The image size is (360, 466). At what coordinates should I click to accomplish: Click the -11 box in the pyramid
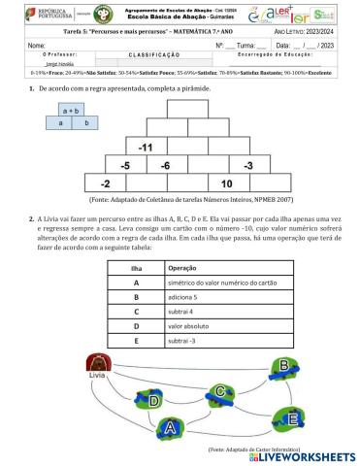[147, 147]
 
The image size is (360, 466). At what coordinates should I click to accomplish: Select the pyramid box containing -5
[125, 165]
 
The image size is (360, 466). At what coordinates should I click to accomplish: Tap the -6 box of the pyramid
[166, 165]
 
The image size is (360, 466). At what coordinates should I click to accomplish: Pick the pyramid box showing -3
[248, 165]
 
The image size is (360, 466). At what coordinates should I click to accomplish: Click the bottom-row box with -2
[105, 183]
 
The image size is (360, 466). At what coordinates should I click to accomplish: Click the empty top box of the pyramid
[186, 110]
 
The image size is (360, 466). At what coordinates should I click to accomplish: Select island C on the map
[222, 391]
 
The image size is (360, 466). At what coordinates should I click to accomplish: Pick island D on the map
[153, 399]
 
